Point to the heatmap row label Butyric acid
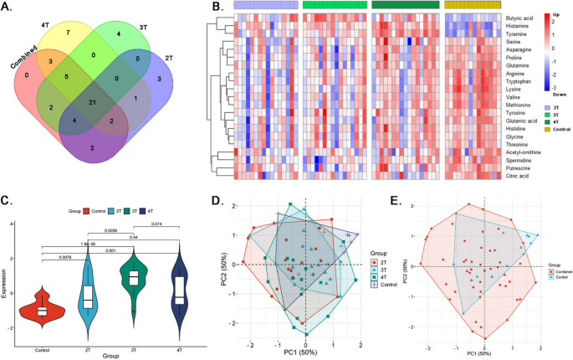[x=522, y=17]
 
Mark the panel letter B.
[x=215, y=8]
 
